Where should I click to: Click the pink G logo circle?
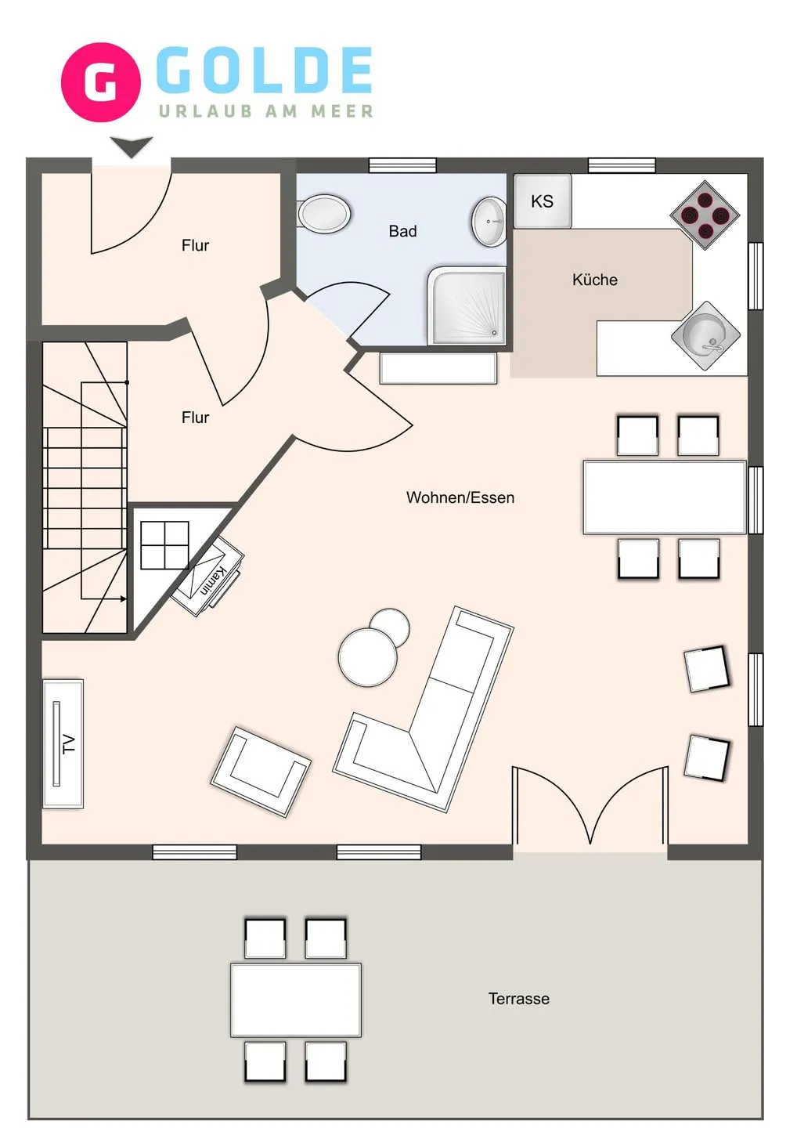101,82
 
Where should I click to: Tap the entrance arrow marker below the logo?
132,147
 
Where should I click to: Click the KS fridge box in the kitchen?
543,201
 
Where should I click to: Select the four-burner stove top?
705,215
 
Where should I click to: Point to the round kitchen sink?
705,335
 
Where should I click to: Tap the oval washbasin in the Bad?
489,222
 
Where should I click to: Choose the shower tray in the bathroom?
466,306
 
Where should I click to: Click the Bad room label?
402,231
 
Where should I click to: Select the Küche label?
595,280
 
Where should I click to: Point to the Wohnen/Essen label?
460,497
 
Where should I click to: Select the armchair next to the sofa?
261,772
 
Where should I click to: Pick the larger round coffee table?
368,656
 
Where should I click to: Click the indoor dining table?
665,497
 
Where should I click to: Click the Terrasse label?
519,999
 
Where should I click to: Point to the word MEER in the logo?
342,110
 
